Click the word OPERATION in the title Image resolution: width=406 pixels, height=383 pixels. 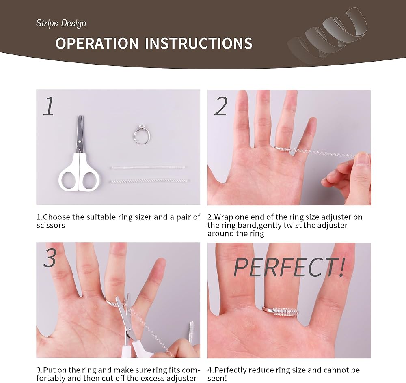click(x=97, y=43)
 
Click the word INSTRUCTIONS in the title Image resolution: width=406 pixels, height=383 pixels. click(x=199, y=43)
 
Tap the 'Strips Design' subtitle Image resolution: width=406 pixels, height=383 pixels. click(x=61, y=23)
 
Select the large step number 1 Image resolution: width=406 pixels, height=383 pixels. click(x=49, y=106)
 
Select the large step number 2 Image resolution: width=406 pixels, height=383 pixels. click(x=221, y=106)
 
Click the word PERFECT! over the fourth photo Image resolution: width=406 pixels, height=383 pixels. click(x=289, y=267)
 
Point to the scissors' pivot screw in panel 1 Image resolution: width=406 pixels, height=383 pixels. click(x=80, y=142)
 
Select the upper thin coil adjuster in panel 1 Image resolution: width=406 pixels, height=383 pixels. click(x=149, y=167)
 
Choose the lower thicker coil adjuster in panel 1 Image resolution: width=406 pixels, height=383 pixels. click(x=149, y=181)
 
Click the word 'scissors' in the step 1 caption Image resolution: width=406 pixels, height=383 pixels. click(x=50, y=225)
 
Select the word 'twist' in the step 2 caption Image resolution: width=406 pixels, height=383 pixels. click(x=293, y=225)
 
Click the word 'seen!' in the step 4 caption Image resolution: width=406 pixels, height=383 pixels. click(x=217, y=378)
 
